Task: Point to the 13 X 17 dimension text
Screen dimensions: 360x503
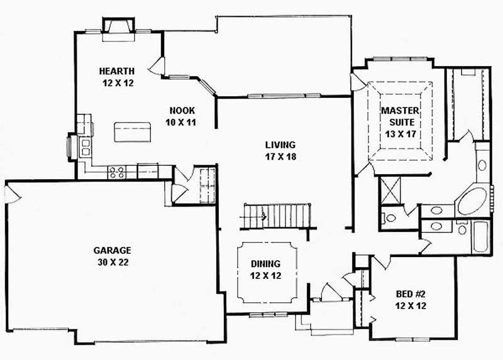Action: (x=400, y=133)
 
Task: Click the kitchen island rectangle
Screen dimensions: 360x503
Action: (x=133, y=133)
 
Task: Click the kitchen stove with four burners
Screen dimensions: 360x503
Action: (x=116, y=172)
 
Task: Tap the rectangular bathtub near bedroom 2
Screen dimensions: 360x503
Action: (x=481, y=237)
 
